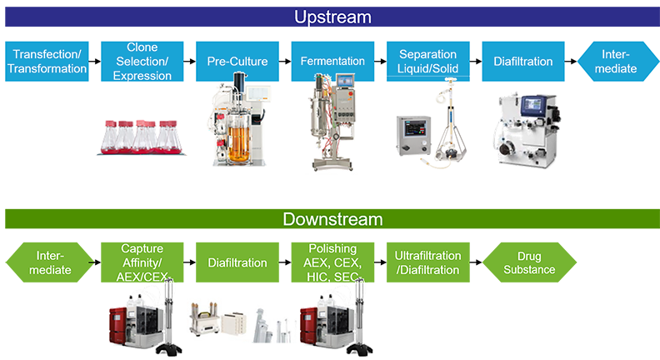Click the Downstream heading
(x=332, y=220)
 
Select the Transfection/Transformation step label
(x=47, y=62)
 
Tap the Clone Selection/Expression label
(x=142, y=62)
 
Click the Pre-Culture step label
(x=237, y=62)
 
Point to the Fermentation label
(x=332, y=62)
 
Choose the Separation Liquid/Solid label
(x=428, y=62)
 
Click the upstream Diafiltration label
(x=522, y=62)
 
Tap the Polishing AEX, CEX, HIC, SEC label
(x=332, y=262)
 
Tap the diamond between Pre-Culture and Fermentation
(x=285, y=62)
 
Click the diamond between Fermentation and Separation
(x=381, y=62)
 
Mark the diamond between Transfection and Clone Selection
(x=94, y=62)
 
